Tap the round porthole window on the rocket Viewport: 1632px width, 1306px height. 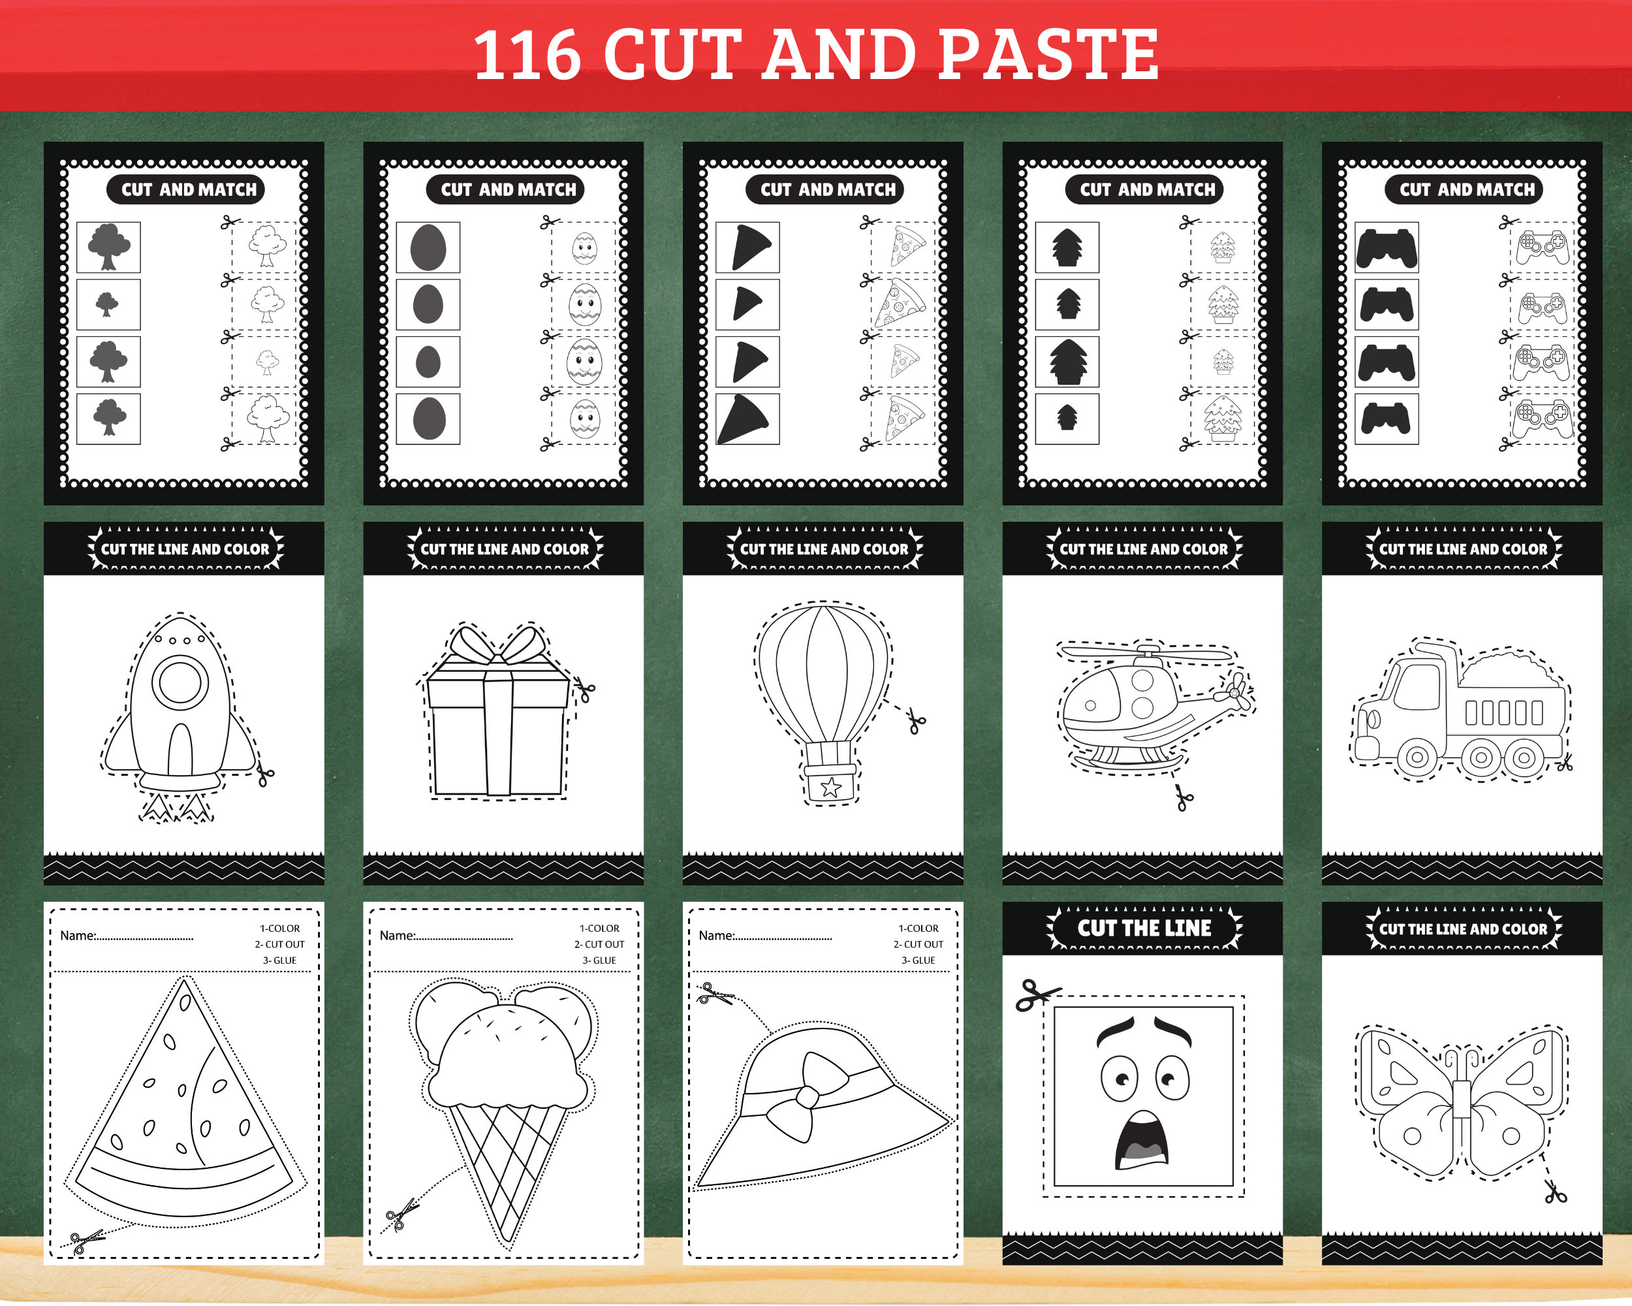(180, 683)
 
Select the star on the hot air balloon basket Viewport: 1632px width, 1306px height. (830, 788)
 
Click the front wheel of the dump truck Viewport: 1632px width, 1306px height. (1417, 756)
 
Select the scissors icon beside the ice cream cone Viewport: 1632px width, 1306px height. (401, 1214)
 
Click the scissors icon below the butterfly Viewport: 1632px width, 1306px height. (1555, 1194)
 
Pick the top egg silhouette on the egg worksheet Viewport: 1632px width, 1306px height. (428, 247)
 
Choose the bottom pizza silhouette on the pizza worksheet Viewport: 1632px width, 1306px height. (746, 419)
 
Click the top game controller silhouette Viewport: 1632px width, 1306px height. (1386, 247)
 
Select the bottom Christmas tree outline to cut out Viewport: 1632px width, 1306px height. (1223, 418)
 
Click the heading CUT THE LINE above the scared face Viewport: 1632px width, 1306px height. (1143, 928)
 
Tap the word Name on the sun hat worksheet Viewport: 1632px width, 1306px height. (715, 936)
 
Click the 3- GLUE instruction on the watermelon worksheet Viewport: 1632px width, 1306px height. (279, 960)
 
